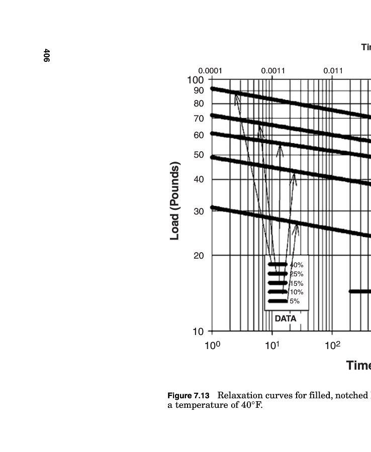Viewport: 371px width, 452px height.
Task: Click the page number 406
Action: [46, 56]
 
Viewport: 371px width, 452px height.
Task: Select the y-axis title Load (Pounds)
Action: [175, 201]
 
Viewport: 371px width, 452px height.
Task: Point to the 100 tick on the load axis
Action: [196, 80]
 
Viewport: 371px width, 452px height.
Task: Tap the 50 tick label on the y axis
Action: [199, 155]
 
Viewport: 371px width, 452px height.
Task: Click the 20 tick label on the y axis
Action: [199, 256]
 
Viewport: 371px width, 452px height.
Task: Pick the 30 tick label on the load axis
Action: [199, 211]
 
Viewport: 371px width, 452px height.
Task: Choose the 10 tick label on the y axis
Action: [199, 331]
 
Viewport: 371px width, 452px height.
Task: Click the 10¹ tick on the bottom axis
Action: [272, 346]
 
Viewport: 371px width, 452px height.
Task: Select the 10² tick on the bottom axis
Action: [332, 346]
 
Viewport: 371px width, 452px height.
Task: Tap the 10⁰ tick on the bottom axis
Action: [212, 346]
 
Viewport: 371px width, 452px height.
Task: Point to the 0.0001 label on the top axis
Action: [210, 71]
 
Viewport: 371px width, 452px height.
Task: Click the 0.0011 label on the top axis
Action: [273, 71]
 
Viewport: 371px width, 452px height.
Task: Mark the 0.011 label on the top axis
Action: [333, 71]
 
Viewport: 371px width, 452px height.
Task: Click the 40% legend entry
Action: [297, 265]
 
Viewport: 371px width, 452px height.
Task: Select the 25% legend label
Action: [297, 274]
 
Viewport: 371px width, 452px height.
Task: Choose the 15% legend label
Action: [297, 283]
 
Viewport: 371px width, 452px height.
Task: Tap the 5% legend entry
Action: [295, 301]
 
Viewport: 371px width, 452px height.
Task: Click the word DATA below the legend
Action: [286, 318]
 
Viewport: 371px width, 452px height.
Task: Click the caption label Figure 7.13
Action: [189, 396]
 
